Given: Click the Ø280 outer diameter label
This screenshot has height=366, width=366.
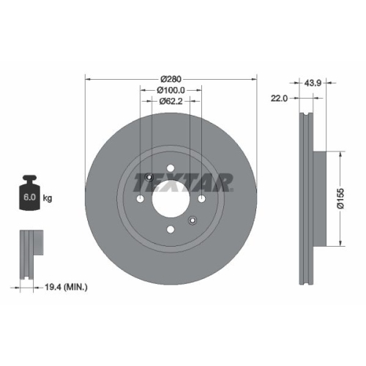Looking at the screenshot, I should [171, 78].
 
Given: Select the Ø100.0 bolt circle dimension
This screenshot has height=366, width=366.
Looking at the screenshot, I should [171, 89].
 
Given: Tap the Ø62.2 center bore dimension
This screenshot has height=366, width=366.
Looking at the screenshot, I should [171, 101].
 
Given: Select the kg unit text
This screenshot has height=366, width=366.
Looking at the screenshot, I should [48, 198].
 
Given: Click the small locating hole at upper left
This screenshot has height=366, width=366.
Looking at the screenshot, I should [149, 176].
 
